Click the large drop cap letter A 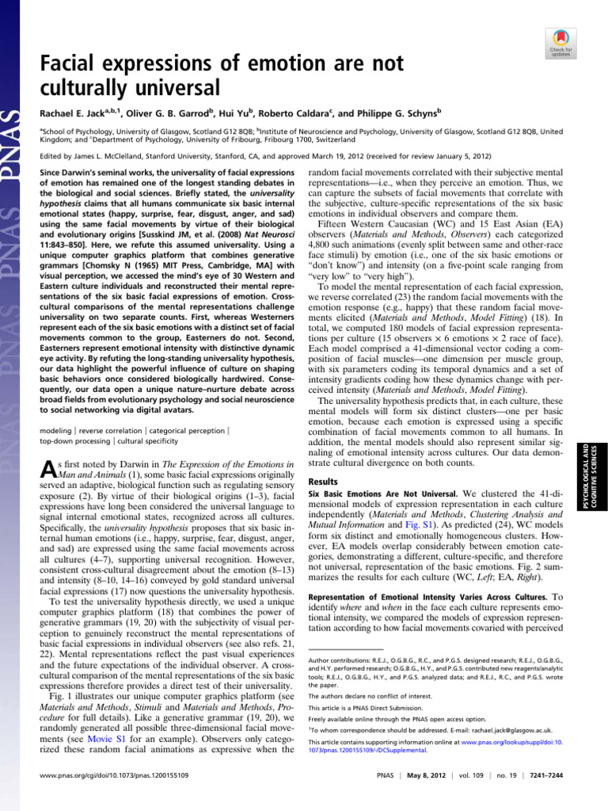click(x=47, y=470)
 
